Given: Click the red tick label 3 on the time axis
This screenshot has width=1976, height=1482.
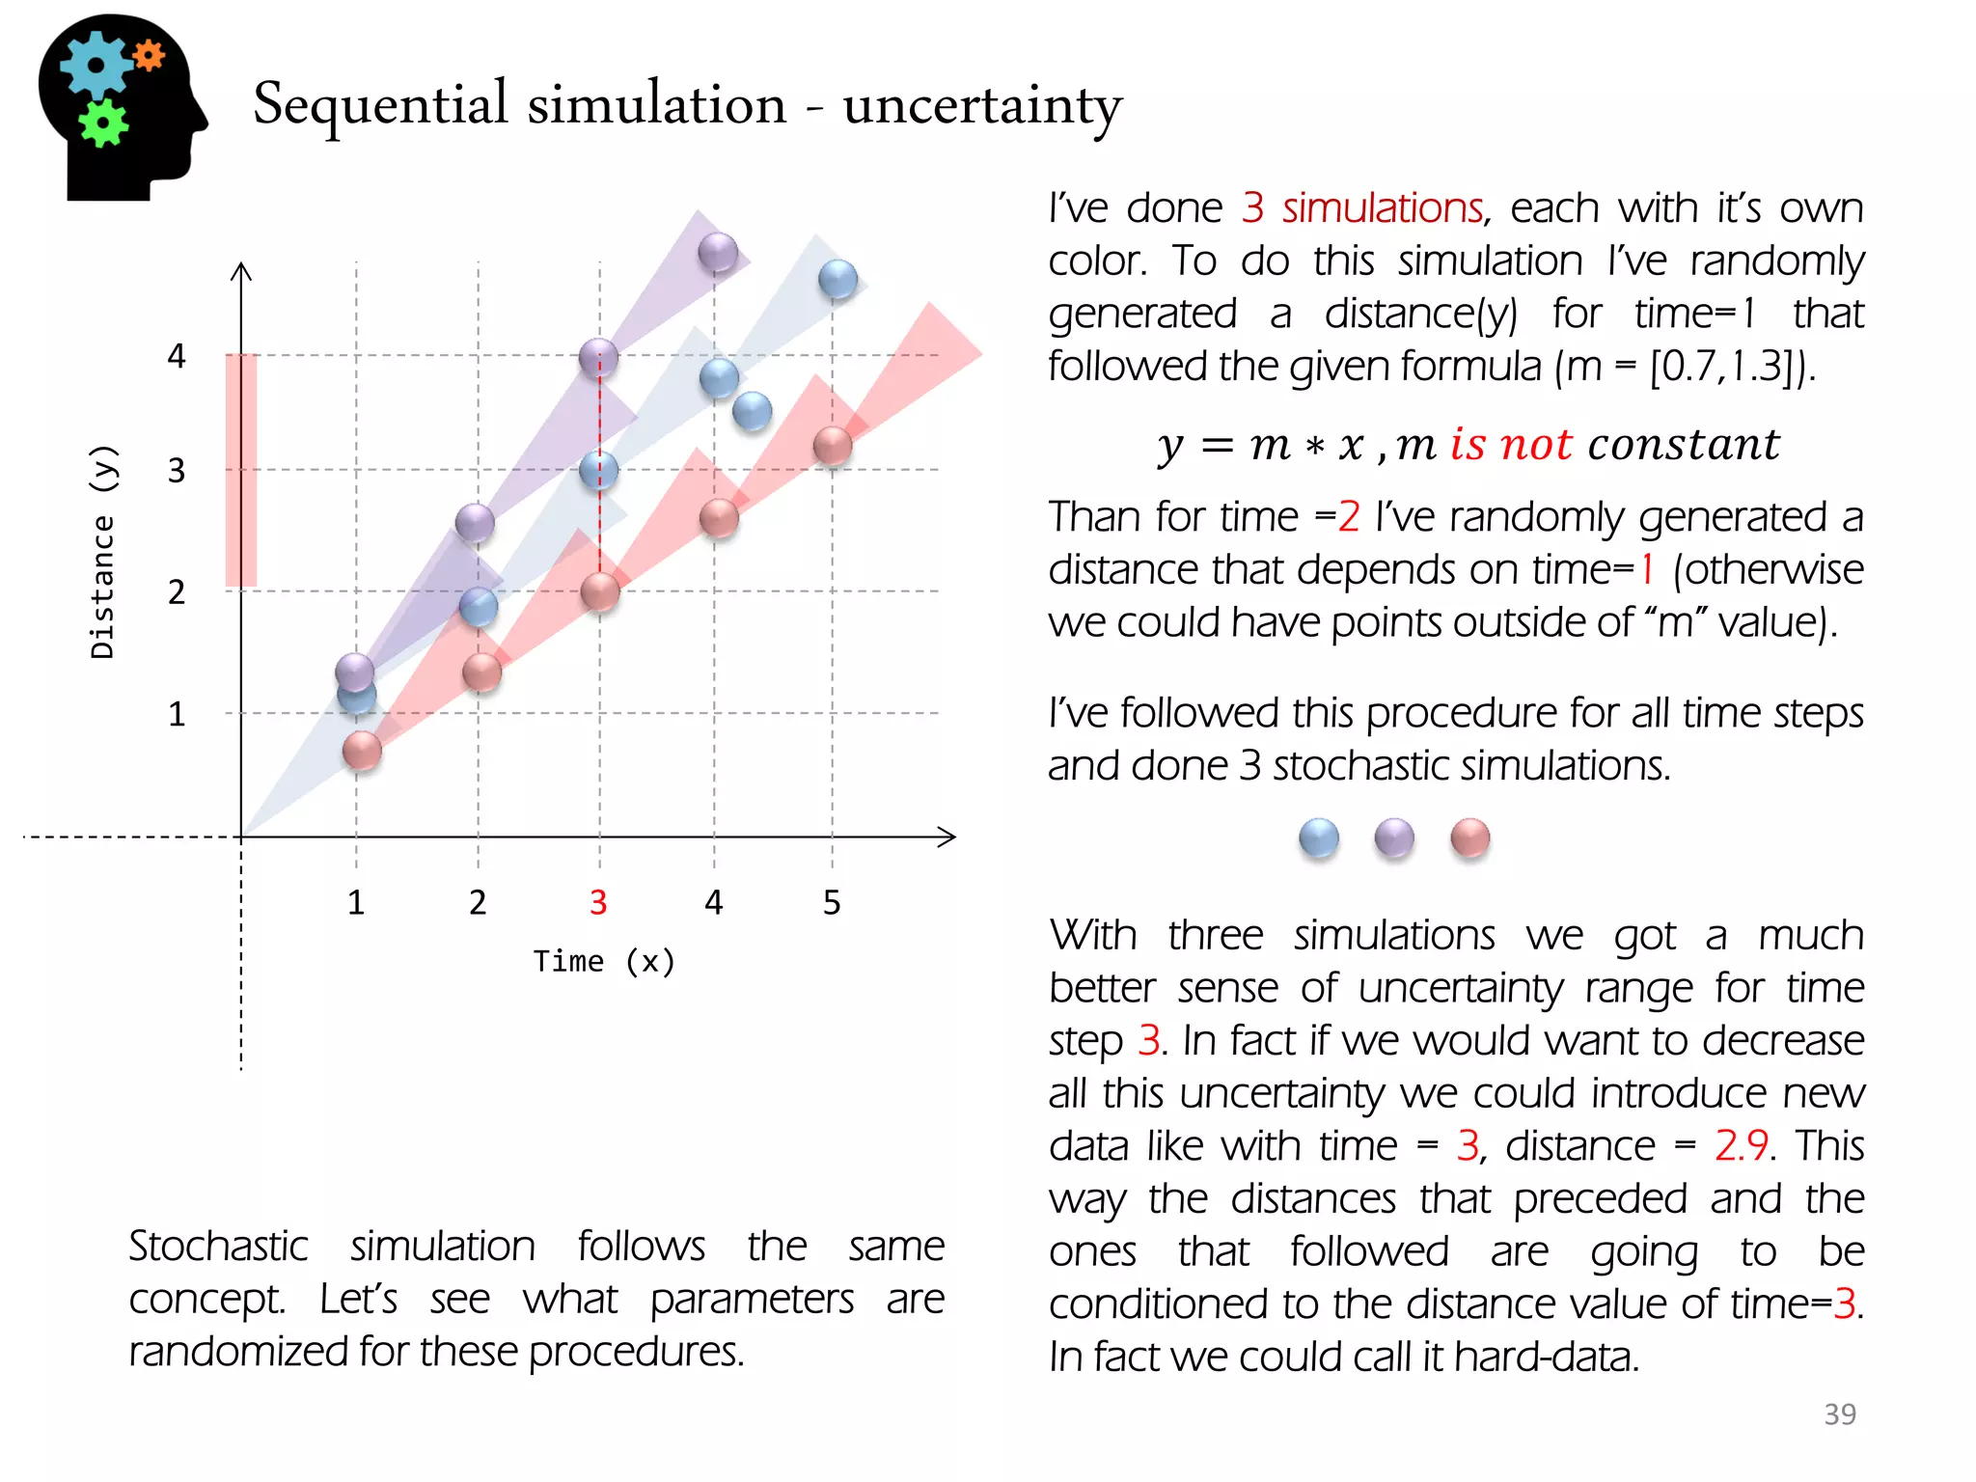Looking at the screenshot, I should click(x=598, y=903).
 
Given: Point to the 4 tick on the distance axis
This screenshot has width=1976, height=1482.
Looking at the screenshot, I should click(x=177, y=356).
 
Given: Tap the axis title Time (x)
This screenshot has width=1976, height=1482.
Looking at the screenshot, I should click(x=604, y=961).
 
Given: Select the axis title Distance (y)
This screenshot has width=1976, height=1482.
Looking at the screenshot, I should click(x=103, y=552).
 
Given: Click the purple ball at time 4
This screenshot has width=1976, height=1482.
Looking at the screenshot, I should click(x=718, y=254).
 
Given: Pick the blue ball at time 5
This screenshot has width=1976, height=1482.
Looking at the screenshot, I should click(x=837, y=280).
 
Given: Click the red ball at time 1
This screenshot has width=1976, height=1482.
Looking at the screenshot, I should click(x=363, y=751).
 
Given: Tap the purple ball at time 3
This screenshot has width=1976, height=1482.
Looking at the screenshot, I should click(x=599, y=358).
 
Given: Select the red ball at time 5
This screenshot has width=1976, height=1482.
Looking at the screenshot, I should click(x=833, y=447).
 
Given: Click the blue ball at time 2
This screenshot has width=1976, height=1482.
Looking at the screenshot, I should click(x=479, y=607).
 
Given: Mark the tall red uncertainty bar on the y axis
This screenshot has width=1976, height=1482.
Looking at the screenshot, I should click(x=241, y=470).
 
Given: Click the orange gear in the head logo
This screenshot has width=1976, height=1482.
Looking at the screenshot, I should click(x=149, y=56).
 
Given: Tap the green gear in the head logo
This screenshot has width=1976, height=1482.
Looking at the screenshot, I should click(x=103, y=123).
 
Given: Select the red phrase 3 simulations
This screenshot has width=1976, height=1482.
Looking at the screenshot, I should click(x=1362, y=208).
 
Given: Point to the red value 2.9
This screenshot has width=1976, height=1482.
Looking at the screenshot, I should click(x=1741, y=1146).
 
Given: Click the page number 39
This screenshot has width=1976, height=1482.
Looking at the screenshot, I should click(x=1839, y=1413).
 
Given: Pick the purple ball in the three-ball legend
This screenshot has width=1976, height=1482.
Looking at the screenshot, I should click(x=1394, y=838).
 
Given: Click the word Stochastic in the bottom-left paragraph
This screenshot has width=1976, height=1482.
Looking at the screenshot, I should click(x=219, y=1247).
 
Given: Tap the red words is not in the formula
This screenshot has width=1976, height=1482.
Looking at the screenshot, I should click(x=1511, y=445).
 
